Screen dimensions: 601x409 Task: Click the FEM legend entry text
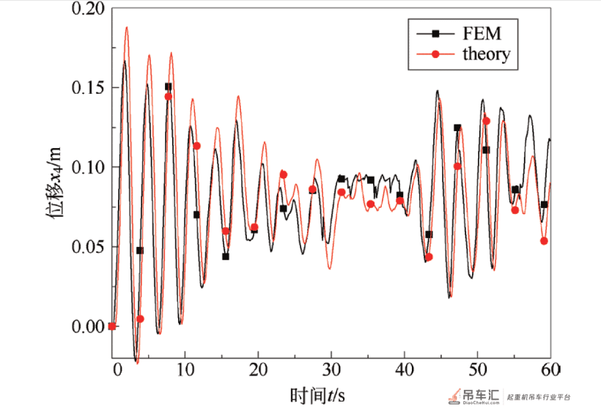tap(482, 33)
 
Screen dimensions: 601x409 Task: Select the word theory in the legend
tap(487, 54)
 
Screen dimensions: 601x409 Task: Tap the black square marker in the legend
tap(435, 34)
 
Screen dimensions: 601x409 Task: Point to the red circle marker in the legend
tap(435, 54)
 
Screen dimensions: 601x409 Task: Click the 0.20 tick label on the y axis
tap(88, 9)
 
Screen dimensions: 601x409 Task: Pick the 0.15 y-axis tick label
tap(88, 87)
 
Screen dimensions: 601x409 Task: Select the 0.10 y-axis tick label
tap(88, 167)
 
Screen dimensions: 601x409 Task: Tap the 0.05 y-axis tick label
tap(88, 246)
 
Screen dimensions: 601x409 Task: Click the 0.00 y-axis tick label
tap(88, 326)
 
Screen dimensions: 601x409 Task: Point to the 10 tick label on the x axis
tap(185, 369)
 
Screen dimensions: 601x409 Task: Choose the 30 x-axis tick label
tap(331, 369)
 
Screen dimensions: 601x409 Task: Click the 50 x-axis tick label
tap(478, 369)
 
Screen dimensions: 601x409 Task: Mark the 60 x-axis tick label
tap(551, 369)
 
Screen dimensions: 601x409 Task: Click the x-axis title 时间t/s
tap(317, 395)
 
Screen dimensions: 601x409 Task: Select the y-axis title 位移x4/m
tap(54, 183)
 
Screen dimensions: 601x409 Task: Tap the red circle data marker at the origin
tap(112, 326)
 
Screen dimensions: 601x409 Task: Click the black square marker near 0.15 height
tap(169, 86)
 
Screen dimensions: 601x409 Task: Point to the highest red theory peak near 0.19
tap(127, 28)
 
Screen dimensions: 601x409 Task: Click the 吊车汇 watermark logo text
tap(481, 394)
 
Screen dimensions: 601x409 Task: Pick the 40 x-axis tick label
tap(405, 369)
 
